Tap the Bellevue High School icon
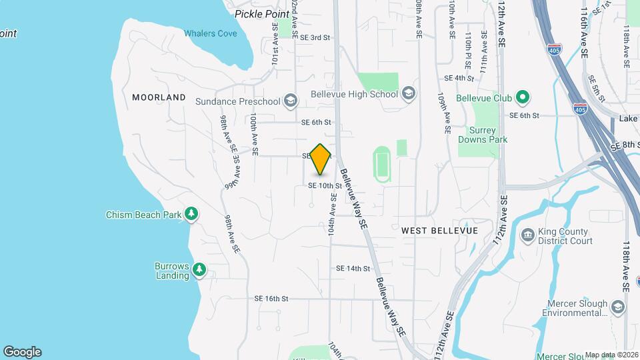click(x=408, y=94)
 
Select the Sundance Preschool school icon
click(x=290, y=101)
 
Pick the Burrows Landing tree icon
click(x=199, y=270)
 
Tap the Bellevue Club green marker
click(x=523, y=98)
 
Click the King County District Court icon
click(x=527, y=235)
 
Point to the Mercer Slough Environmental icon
click(x=618, y=307)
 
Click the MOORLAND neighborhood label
click(x=159, y=97)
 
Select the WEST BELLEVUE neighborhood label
click(x=439, y=230)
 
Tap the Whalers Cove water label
click(x=210, y=33)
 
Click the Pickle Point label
click(x=262, y=13)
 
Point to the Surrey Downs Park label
click(x=483, y=135)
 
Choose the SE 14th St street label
click(x=353, y=268)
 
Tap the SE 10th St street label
click(x=325, y=186)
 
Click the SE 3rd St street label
click(x=315, y=38)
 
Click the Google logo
click(x=22, y=352)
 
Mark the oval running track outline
click(x=382, y=165)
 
